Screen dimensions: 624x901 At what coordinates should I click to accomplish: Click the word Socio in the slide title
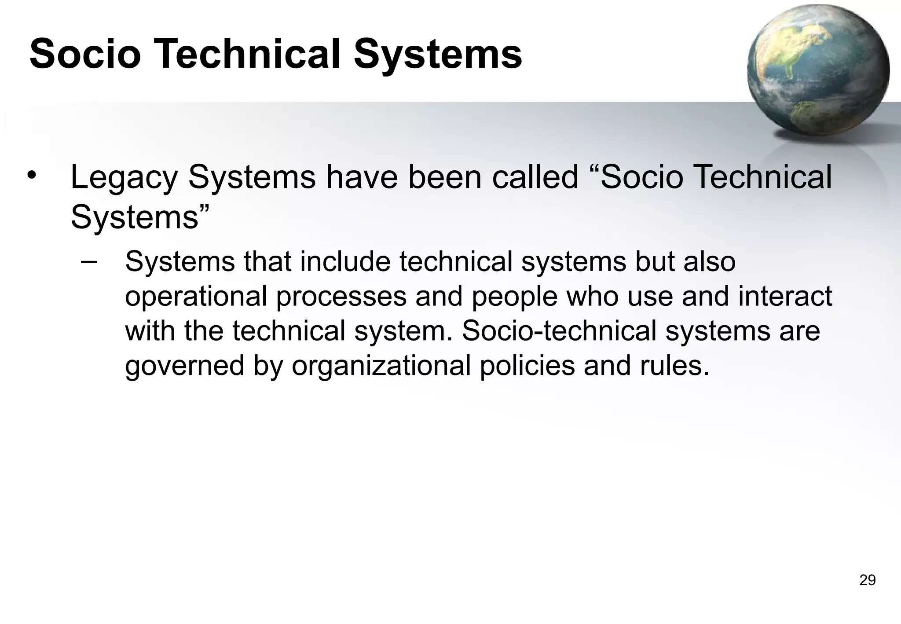(x=85, y=54)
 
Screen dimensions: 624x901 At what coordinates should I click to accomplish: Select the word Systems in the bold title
(x=437, y=54)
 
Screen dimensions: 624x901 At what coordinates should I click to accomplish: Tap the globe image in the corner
(x=818, y=70)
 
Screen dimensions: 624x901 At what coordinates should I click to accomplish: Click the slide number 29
(x=867, y=580)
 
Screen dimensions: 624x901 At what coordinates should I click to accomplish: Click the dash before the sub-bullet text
(x=89, y=261)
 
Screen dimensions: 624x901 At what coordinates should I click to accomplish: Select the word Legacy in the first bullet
(x=125, y=177)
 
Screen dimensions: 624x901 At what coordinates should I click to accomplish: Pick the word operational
(x=196, y=296)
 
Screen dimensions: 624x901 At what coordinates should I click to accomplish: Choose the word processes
(x=341, y=296)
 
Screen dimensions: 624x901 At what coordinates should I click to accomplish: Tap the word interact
(x=785, y=296)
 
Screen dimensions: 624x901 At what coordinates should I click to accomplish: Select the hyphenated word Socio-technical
(x=559, y=330)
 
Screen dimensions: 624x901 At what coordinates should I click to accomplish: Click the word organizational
(x=381, y=365)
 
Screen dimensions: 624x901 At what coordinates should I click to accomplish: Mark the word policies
(x=527, y=365)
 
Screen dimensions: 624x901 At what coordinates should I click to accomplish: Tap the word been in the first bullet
(x=445, y=177)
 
